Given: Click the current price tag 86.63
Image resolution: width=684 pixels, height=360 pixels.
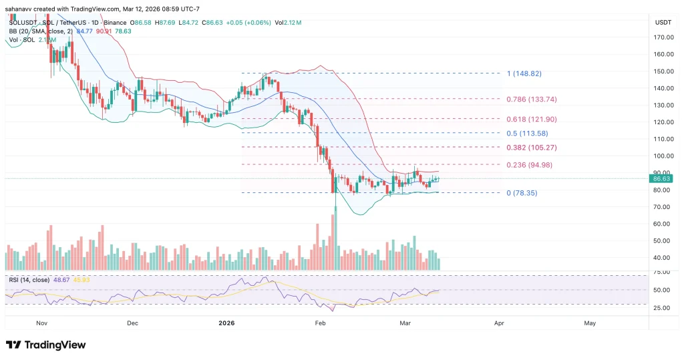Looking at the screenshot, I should coord(661,179).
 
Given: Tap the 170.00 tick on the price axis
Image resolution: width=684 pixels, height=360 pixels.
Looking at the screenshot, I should coord(663,37).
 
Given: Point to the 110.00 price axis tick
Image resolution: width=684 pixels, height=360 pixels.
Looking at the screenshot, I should coord(663,139).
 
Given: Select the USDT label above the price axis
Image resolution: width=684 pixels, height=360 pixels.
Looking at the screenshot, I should coord(662,23).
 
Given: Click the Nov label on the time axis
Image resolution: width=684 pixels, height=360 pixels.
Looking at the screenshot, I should coord(41,323).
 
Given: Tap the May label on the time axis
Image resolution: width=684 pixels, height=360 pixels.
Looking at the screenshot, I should coord(590,323).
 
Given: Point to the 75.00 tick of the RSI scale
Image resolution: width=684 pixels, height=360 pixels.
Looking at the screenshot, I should coord(662,273).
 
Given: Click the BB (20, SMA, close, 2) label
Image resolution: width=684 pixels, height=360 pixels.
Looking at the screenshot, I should coord(30,31).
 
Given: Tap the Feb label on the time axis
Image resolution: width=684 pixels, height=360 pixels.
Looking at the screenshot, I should coord(321,323).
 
